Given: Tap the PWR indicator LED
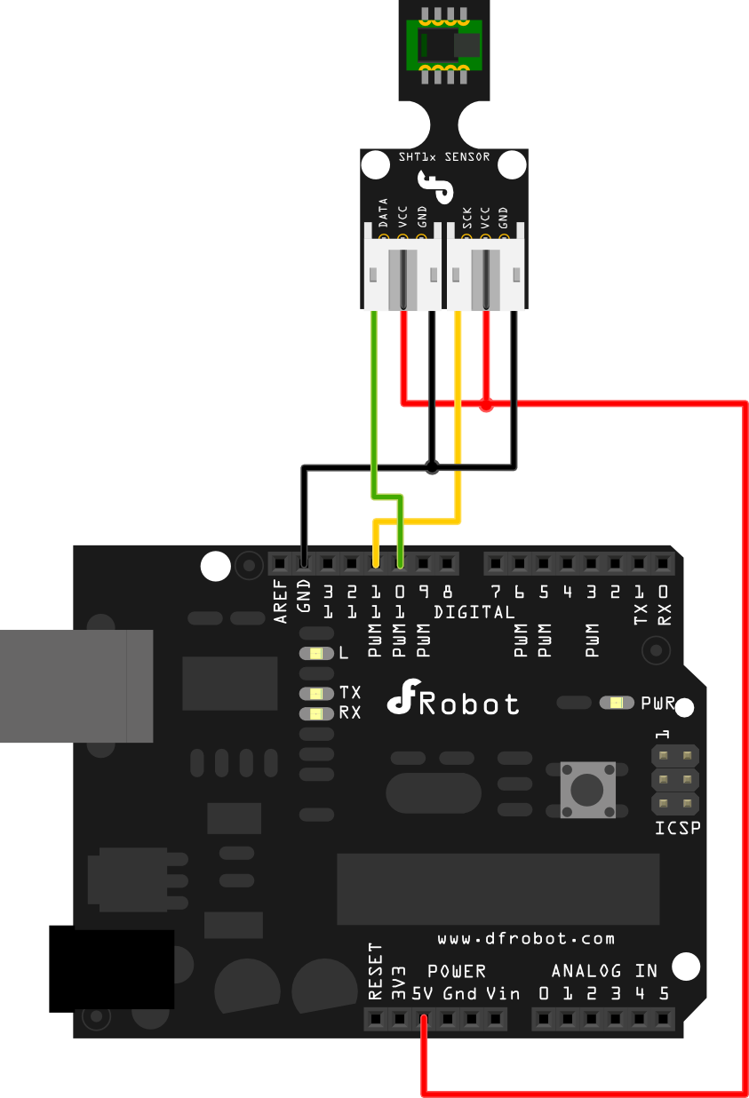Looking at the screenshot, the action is (615, 703).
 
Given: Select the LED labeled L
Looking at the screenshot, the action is (316, 654).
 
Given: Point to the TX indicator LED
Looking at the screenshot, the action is (316, 693).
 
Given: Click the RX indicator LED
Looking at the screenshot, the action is (316, 712).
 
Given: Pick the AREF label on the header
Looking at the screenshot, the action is (282, 601).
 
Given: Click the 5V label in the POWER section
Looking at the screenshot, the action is (423, 993).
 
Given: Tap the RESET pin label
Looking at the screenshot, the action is (375, 971).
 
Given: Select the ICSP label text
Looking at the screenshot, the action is (677, 829).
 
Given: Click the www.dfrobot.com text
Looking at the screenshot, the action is (526, 939).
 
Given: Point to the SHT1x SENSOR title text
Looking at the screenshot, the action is (444, 157).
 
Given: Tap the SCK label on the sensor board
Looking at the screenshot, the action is (466, 218).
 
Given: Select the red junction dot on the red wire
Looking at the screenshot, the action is (486, 406).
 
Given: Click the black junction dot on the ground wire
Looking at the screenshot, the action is (432, 466).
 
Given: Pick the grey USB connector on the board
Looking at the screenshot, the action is (76, 685).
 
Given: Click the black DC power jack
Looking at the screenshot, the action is (111, 968).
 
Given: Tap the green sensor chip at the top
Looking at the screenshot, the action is (443, 44).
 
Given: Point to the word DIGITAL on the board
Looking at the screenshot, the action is (474, 612).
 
